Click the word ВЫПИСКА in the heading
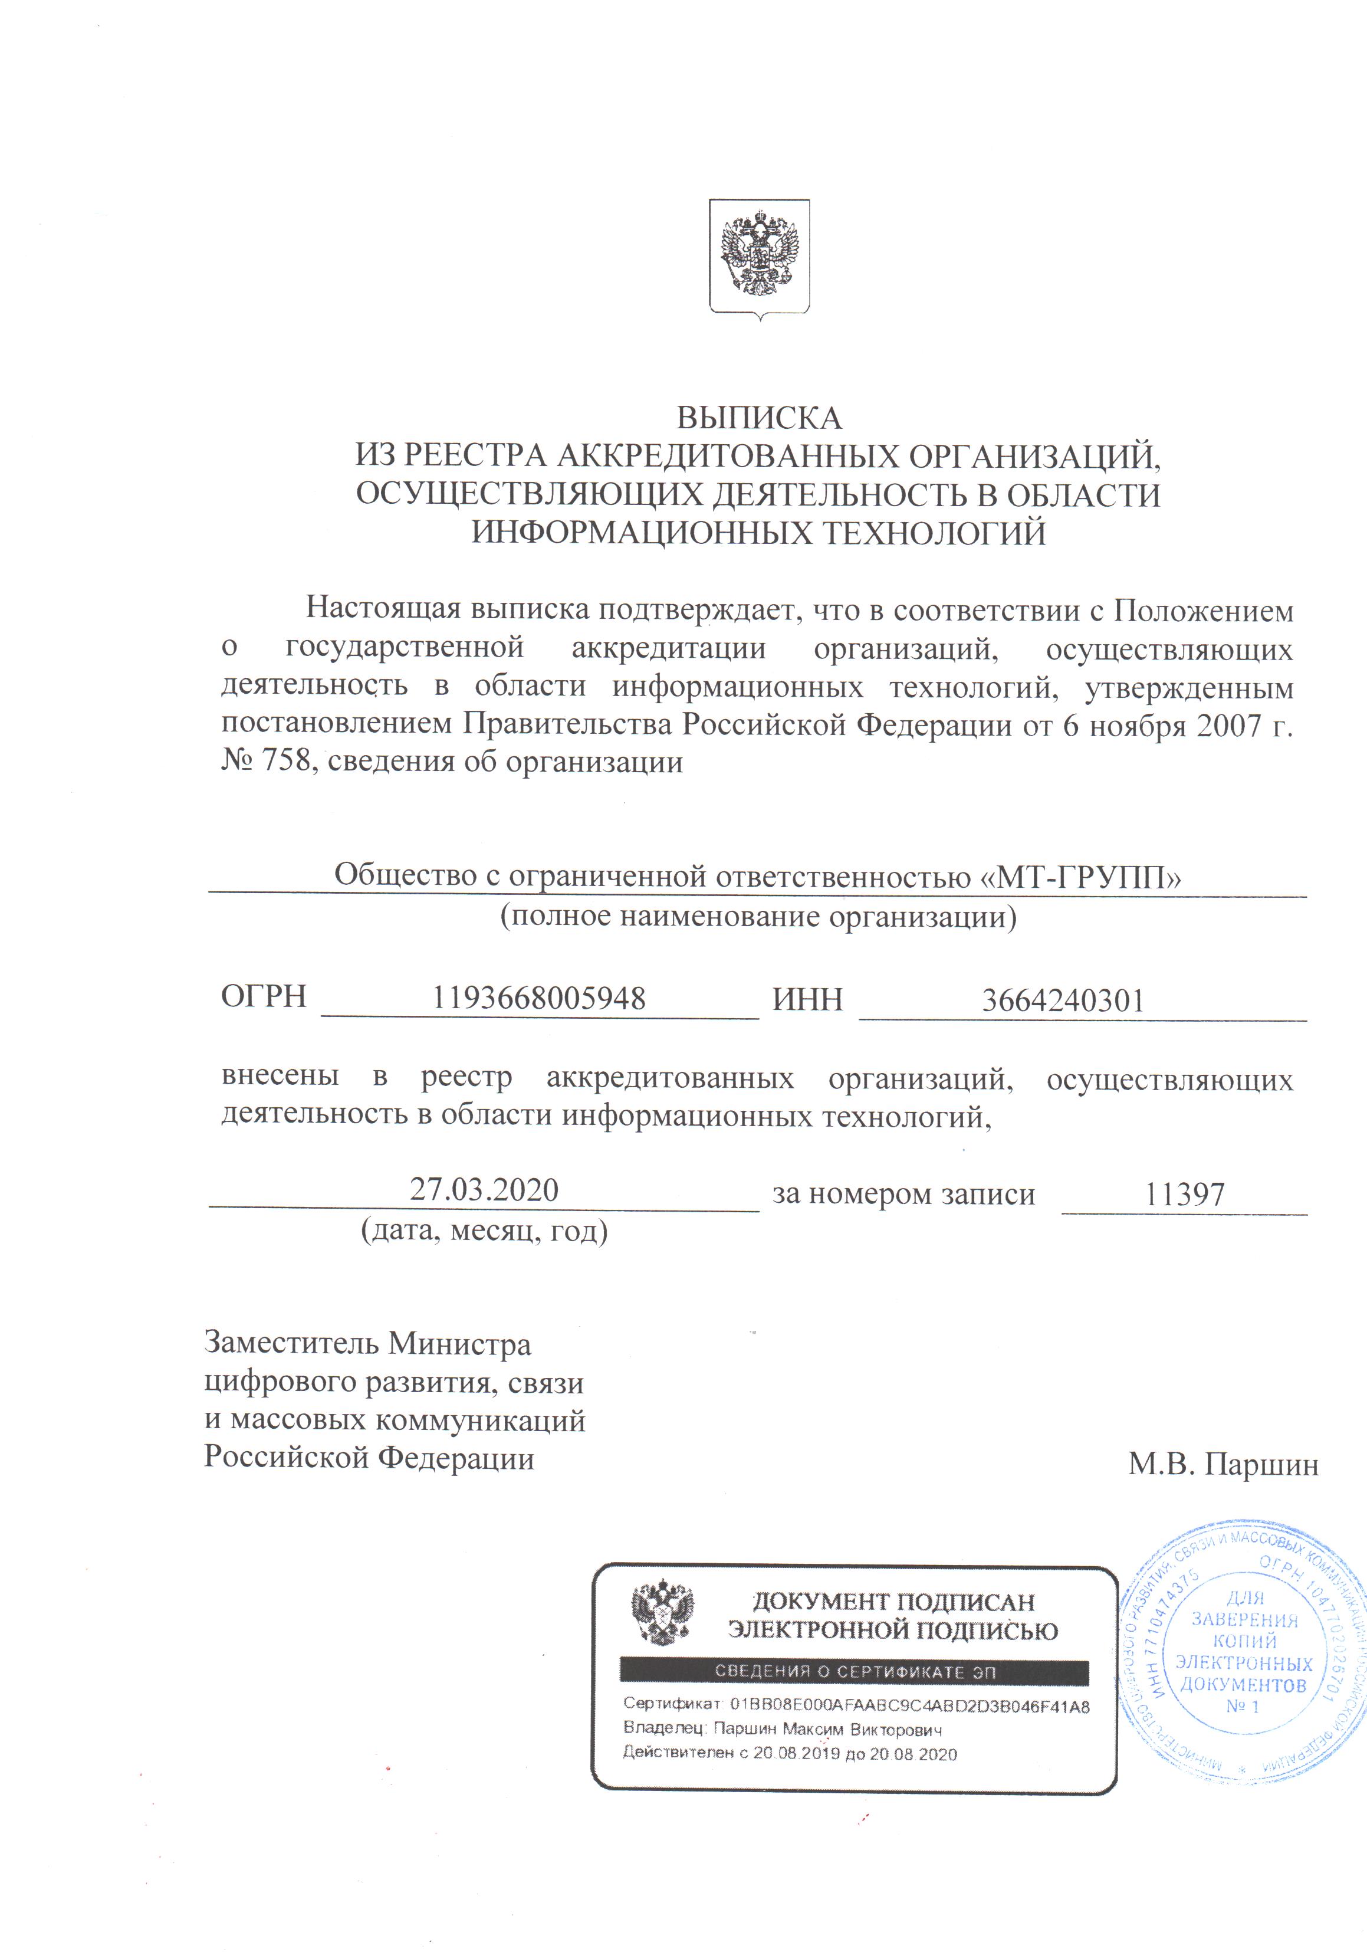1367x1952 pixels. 758,418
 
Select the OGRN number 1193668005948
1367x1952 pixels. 539,998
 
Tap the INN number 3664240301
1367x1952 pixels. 1063,1000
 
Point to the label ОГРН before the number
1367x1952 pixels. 264,996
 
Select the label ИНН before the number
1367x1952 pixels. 807,999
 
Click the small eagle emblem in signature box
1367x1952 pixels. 662,1613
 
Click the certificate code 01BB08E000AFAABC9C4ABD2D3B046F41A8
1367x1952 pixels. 909,1706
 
